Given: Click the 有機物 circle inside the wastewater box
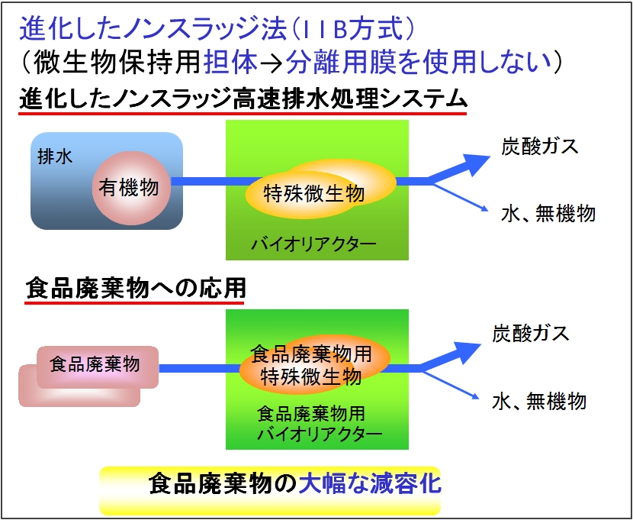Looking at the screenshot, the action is pyautogui.click(x=129, y=188).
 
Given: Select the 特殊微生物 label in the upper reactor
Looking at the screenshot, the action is pyautogui.click(x=314, y=193).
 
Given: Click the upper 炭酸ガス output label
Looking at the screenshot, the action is pyautogui.click(x=540, y=147).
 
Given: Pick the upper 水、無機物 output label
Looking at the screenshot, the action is pyautogui.click(x=548, y=213).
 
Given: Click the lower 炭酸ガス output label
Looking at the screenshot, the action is pyautogui.click(x=531, y=334).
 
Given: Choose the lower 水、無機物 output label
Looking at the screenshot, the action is pyautogui.click(x=539, y=401).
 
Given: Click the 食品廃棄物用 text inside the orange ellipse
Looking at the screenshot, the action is pyautogui.click(x=311, y=354).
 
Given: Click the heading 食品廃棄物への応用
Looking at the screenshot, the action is pyautogui.click(x=136, y=289).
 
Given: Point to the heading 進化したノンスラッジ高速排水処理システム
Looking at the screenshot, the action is pyautogui.click(x=243, y=99).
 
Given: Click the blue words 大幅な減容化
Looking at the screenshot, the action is pyautogui.click(x=369, y=484).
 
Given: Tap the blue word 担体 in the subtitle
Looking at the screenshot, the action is pyautogui.click(x=230, y=63).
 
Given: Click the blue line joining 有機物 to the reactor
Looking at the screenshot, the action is pyautogui.click(x=214, y=181).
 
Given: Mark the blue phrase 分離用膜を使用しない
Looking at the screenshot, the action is pyautogui.click(x=419, y=63).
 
